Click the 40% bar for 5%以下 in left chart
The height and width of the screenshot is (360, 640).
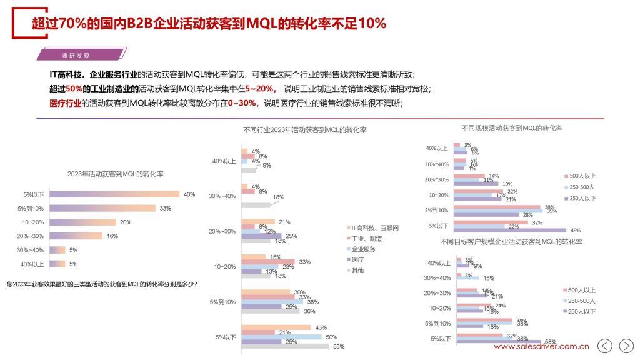pyautogui.click(x=114, y=194)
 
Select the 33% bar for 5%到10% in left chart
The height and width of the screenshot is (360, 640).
pyautogui.click(x=102, y=208)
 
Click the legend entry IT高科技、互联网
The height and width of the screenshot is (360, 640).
pyautogui.click(x=374, y=227)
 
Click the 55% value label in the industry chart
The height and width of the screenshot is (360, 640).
pyautogui.click(x=339, y=346)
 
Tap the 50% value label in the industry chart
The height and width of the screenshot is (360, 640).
pyautogui.click(x=331, y=337)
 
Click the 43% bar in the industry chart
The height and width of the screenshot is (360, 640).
pyautogui.click(x=276, y=327)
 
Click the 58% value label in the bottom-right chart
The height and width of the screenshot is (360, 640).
pyautogui.click(x=551, y=342)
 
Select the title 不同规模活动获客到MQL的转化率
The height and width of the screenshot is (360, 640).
pyautogui.click(x=511, y=127)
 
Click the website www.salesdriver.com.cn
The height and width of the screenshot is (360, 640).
pyautogui.click(x=541, y=346)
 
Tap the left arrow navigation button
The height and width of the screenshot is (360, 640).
pyautogui.click(x=605, y=346)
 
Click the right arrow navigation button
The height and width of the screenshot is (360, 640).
pyautogui.click(x=626, y=346)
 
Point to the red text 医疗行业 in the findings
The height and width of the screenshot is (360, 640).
pyautogui.click(x=66, y=102)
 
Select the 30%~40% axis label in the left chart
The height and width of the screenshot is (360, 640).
pyautogui.click(x=32, y=250)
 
